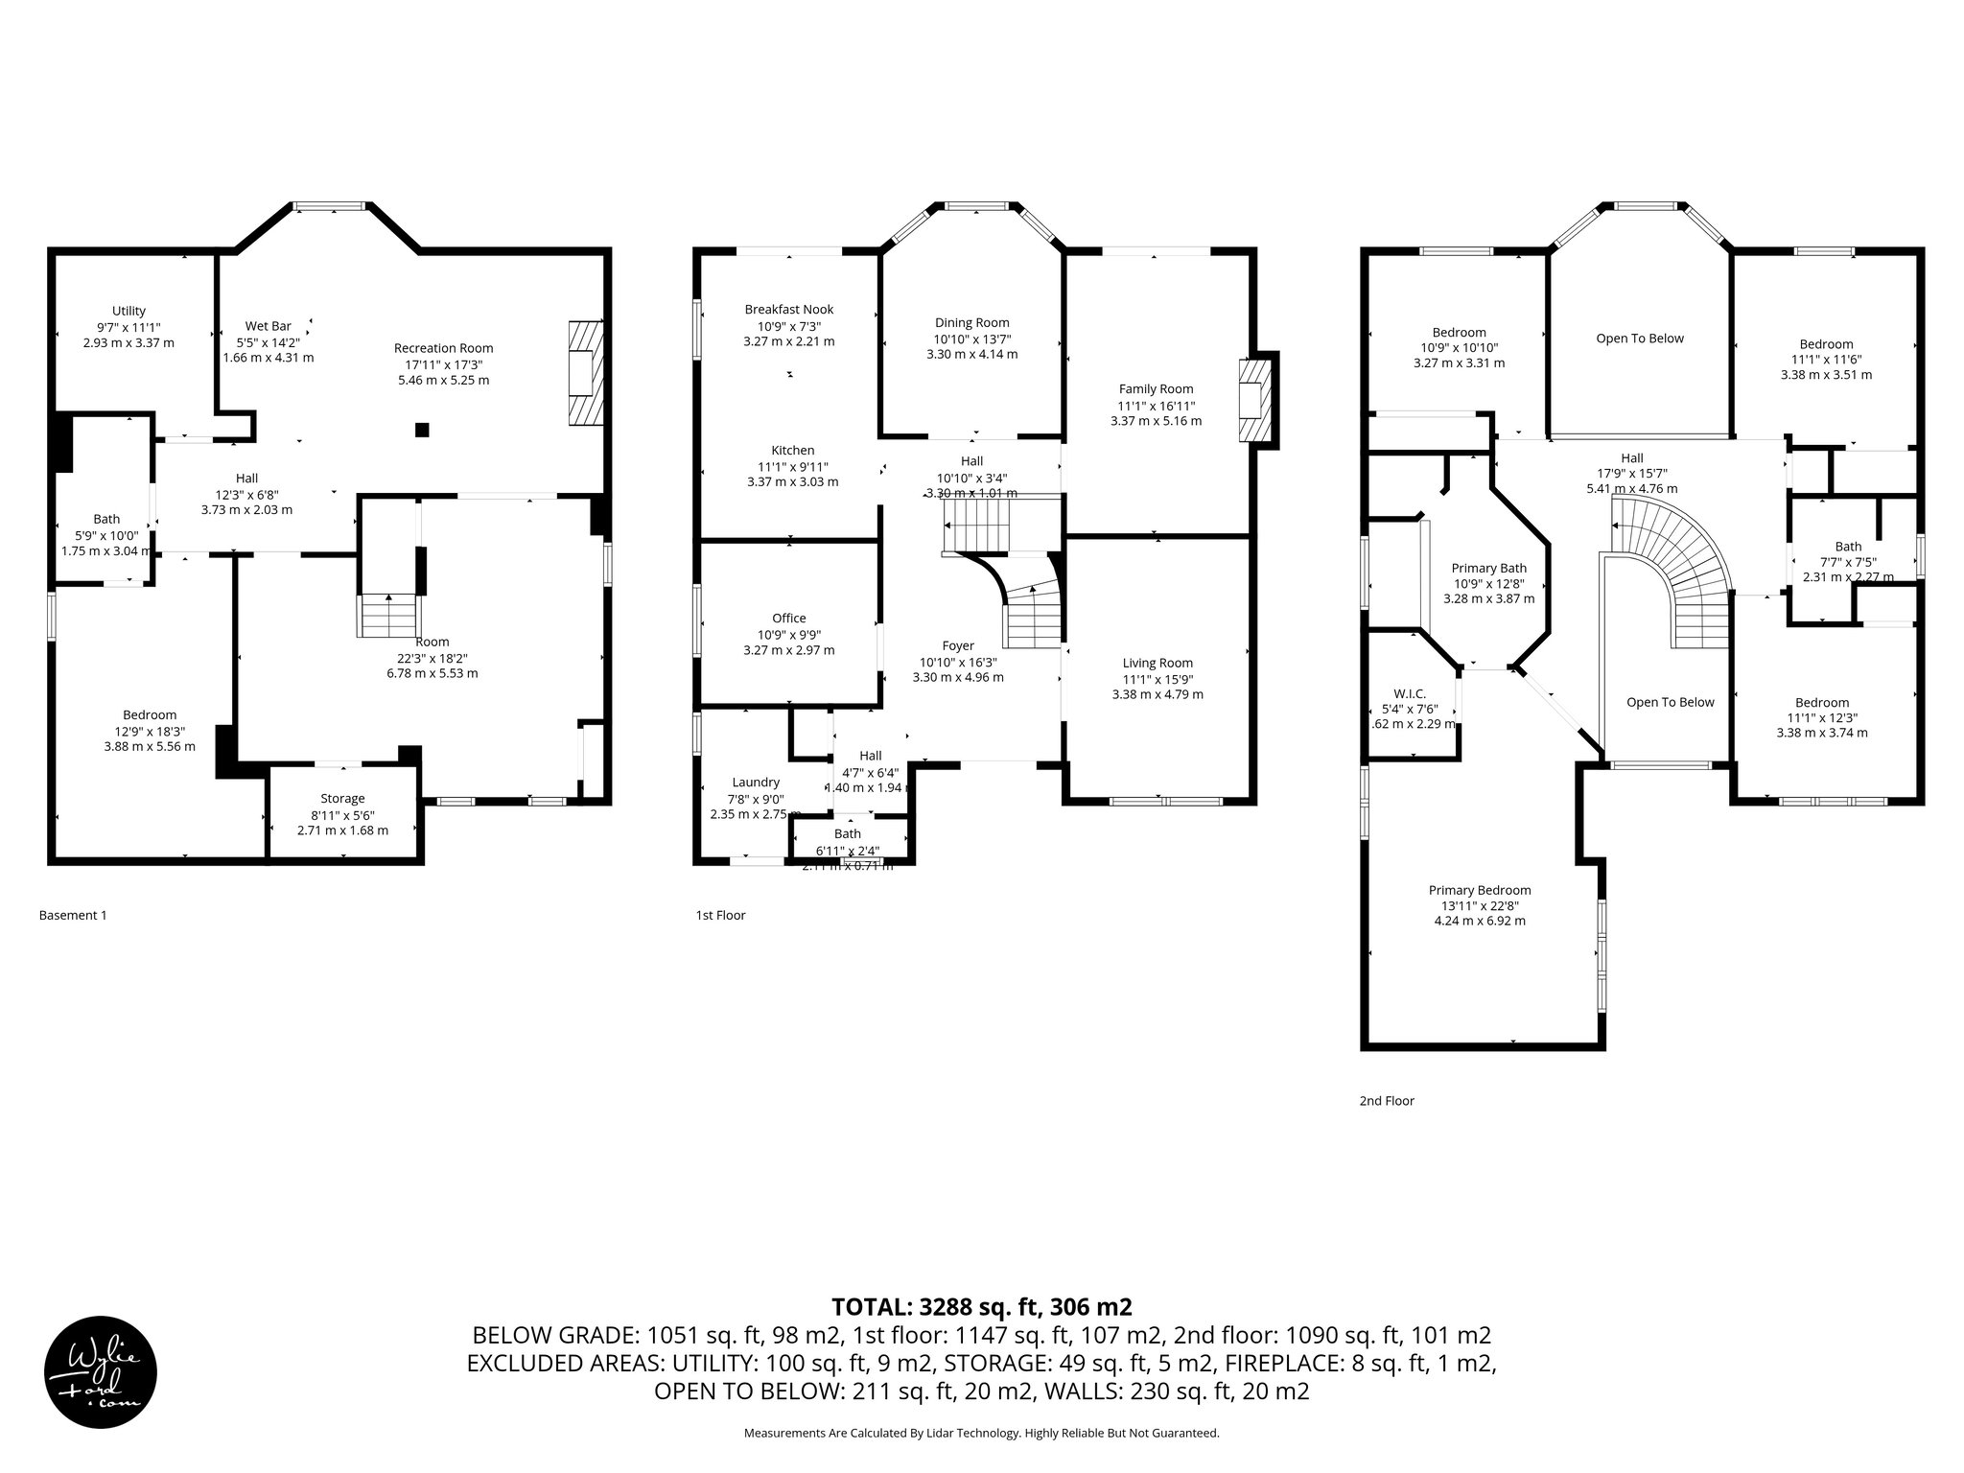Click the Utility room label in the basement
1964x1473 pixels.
(x=129, y=311)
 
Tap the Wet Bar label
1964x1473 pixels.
(x=269, y=326)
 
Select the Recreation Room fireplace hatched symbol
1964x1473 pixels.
(x=584, y=372)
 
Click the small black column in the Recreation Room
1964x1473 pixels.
(x=422, y=430)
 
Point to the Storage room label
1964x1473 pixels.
(x=342, y=798)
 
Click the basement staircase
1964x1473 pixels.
(x=388, y=615)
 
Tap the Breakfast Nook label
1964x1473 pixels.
(x=788, y=309)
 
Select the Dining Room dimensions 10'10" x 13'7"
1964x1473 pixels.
(x=971, y=339)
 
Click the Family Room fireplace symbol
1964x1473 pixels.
(x=1256, y=401)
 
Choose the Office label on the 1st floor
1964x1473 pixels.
(x=788, y=618)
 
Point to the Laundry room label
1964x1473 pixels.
(x=755, y=782)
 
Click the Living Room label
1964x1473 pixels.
(x=1157, y=663)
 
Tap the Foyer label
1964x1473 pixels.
(x=957, y=645)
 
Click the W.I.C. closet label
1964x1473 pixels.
(x=1410, y=693)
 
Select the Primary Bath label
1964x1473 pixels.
(x=1488, y=568)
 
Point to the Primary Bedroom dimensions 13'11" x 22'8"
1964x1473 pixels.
(x=1480, y=905)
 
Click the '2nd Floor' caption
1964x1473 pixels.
(x=1386, y=1101)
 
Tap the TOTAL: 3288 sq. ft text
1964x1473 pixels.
(x=981, y=1307)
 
